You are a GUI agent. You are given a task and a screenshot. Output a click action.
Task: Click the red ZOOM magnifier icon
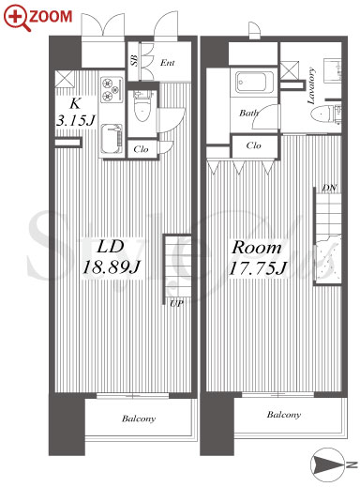click(17, 19)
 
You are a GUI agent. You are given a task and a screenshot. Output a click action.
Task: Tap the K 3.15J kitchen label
click(75, 113)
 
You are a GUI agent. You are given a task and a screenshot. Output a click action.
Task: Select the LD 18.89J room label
click(111, 257)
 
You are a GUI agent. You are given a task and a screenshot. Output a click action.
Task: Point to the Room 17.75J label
click(258, 258)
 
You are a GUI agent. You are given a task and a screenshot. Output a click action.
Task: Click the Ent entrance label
click(167, 63)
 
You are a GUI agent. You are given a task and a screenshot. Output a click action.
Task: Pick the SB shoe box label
click(134, 60)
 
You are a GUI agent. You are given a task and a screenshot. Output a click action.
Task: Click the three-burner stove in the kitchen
click(112, 89)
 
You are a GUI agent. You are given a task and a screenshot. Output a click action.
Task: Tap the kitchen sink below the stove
click(112, 139)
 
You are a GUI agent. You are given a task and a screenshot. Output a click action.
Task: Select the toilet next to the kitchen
click(142, 106)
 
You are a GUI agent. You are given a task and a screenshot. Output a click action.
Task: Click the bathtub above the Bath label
click(255, 83)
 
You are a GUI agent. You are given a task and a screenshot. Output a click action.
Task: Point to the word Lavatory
click(311, 85)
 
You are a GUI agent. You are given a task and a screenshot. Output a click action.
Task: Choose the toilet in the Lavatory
click(327, 114)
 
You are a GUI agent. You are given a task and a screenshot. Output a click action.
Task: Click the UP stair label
click(176, 303)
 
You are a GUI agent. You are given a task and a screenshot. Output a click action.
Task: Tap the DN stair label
click(329, 188)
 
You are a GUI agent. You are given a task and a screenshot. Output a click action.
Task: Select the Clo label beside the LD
click(141, 149)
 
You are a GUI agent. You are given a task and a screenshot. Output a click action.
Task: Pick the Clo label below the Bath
click(253, 145)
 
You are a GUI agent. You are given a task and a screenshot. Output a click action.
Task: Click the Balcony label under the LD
click(139, 419)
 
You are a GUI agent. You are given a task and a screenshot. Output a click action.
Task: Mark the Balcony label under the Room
click(284, 415)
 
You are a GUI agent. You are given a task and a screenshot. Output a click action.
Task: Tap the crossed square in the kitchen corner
click(65, 79)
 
